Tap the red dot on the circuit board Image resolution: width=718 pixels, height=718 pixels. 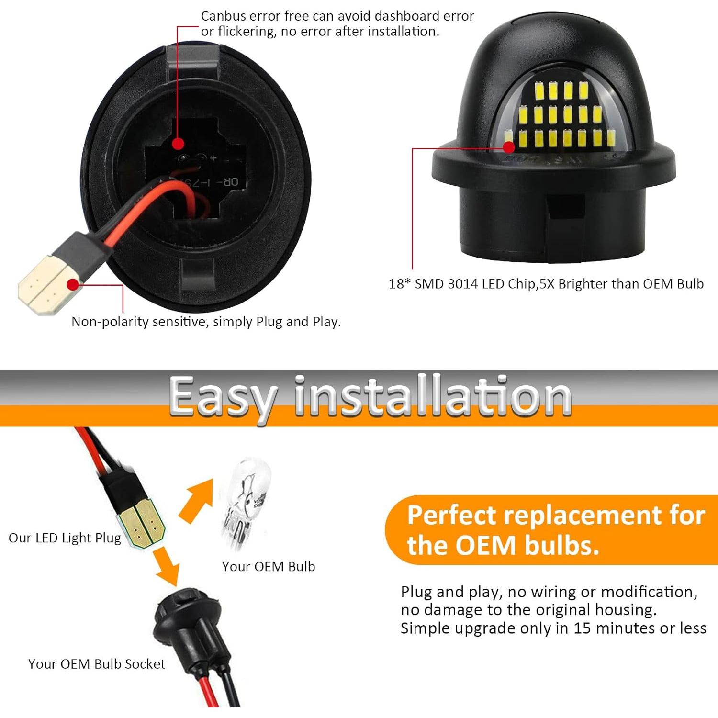(x=178, y=143)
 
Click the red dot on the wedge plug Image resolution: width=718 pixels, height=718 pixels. (x=73, y=285)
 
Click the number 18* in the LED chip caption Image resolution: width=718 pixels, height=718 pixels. (x=399, y=284)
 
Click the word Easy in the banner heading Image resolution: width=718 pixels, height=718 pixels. (x=223, y=397)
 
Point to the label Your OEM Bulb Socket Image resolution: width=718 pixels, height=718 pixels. (x=96, y=664)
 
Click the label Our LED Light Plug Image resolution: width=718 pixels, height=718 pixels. (x=65, y=538)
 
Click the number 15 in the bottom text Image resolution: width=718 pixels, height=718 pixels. (x=582, y=628)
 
